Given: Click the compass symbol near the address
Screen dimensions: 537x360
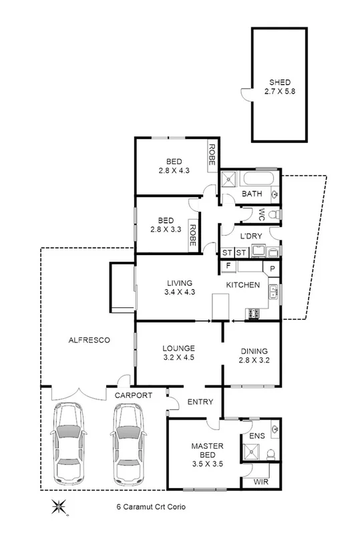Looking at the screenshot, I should pyautogui.click(x=57, y=507).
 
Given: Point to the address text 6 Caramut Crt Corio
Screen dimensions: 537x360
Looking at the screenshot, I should pyautogui.click(x=149, y=507).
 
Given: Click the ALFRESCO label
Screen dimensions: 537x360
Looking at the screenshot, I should pyautogui.click(x=88, y=340).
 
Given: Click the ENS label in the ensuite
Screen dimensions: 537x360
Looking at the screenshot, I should pyautogui.click(x=256, y=436).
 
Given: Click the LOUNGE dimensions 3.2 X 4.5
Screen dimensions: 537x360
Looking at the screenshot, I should pyautogui.click(x=178, y=358).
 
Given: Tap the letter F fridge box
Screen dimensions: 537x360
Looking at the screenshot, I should pyautogui.click(x=228, y=266).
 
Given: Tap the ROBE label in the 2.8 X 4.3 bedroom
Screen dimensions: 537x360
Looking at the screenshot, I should pyautogui.click(x=212, y=156).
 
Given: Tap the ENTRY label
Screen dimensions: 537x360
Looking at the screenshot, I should pyautogui.click(x=200, y=401).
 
